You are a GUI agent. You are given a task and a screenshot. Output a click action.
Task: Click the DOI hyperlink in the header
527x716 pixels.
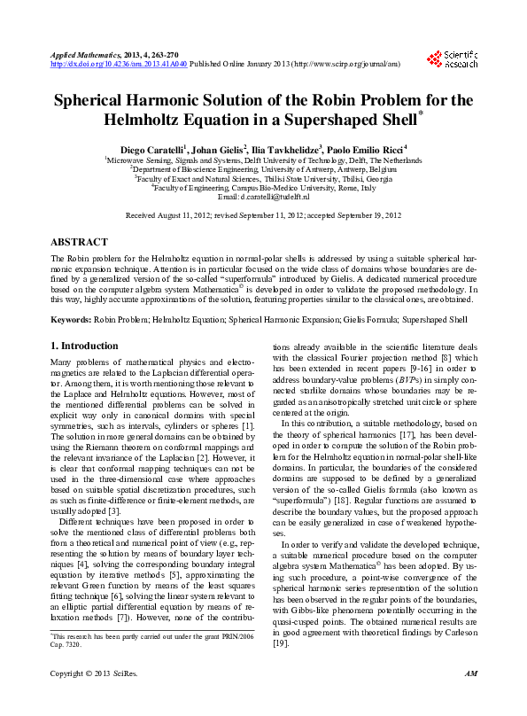[x=131, y=64]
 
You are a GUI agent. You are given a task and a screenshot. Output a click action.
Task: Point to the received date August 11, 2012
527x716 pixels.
[x=185, y=215]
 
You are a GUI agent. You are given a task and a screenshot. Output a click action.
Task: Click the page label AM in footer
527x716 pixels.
[x=470, y=699]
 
